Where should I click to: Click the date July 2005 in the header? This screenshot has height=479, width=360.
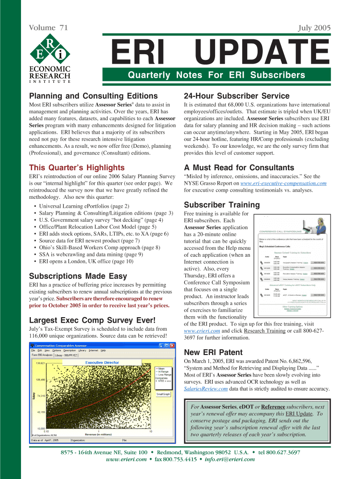314,28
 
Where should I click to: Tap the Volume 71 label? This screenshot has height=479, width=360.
49,28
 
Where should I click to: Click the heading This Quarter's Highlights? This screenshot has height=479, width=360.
77,167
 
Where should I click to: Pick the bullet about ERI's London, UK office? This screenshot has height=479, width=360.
86,261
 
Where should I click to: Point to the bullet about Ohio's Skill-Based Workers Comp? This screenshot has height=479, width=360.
100,247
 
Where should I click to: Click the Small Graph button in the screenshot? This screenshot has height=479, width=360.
163,394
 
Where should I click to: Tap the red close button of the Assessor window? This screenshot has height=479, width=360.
173,346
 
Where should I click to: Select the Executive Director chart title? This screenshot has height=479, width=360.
101,363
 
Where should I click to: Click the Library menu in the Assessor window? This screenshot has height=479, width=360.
82,350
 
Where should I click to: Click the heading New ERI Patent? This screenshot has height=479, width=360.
213,352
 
